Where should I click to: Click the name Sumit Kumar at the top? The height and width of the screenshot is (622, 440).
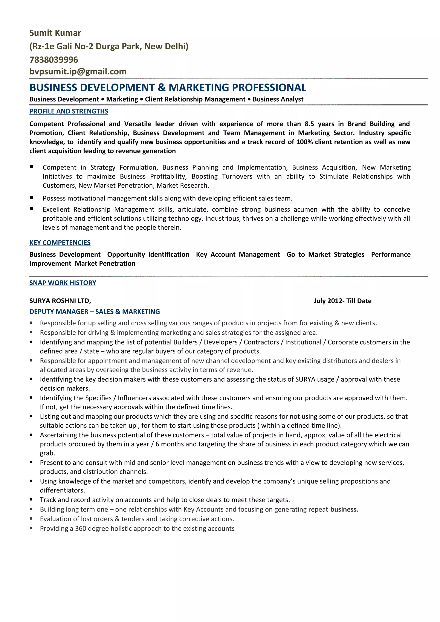click(x=55, y=33)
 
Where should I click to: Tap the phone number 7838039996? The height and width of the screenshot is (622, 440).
click(x=54, y=60)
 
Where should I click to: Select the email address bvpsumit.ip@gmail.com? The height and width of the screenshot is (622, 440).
click(x=78, y=71)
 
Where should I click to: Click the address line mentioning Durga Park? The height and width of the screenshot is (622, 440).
click(x=109, y=46)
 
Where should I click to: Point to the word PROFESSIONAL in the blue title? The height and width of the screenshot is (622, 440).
click(x=269, y=88)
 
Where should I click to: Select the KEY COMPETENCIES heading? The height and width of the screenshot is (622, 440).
click(x=60, y=243)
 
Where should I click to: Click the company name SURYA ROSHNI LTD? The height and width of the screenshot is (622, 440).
click(x=60, y=301)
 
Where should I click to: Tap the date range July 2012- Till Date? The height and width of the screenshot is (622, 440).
click(x=342, y=301)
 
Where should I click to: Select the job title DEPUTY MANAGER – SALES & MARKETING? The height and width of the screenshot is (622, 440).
click(x=95, y=312)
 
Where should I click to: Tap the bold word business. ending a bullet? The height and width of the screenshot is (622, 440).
click(x=344, y=509)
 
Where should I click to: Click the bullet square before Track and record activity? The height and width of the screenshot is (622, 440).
click(x=31, y=499)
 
